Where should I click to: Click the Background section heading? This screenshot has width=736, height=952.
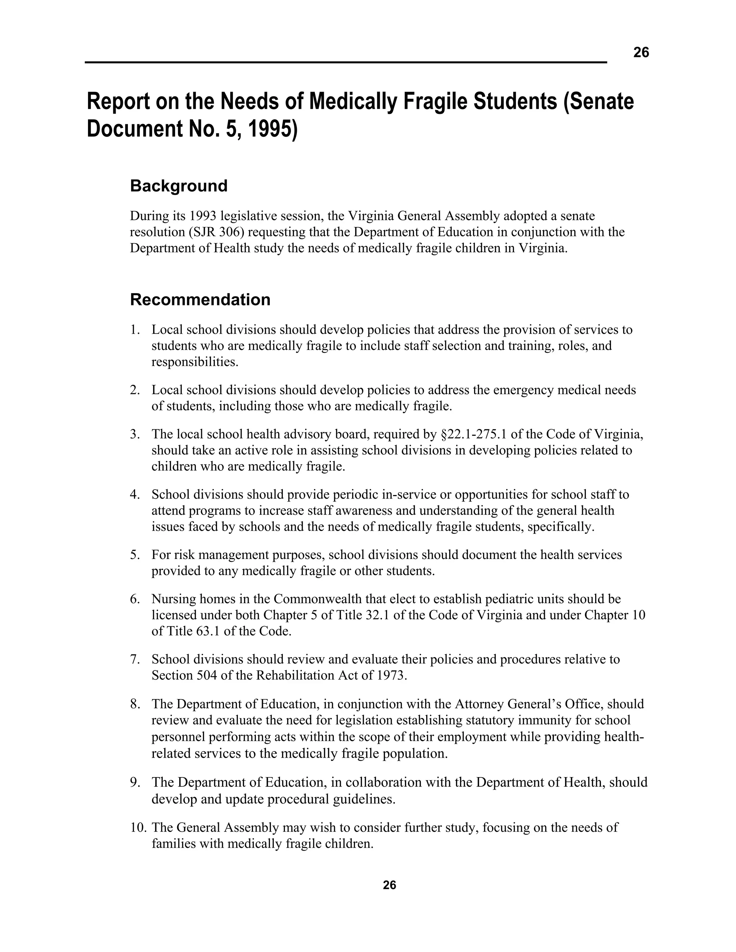pos(179,186)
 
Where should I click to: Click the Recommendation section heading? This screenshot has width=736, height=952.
pos(200,300)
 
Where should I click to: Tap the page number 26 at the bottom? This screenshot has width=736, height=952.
pos(389,885)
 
